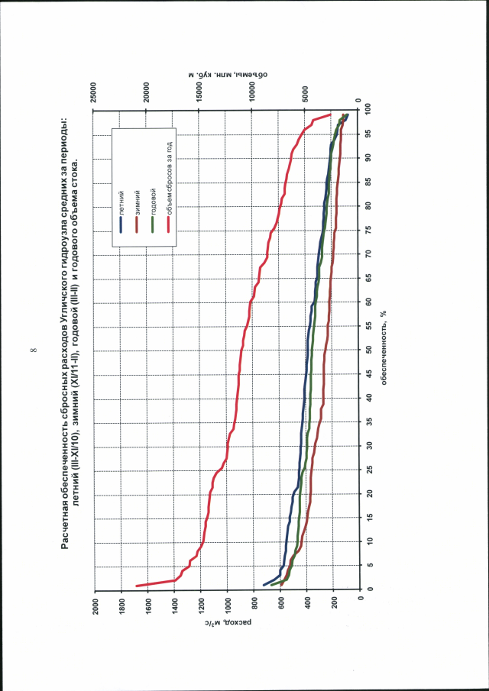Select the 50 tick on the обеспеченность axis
(x=368, y=349)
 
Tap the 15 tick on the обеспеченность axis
(x=368, y=517)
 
